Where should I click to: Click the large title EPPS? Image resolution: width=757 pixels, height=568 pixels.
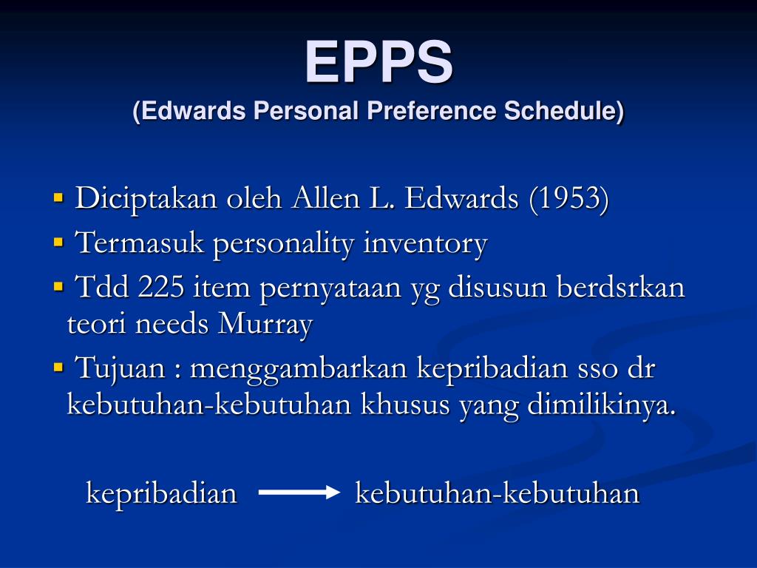coord(378,62)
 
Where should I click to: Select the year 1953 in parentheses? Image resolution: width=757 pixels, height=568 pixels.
coord(568,199)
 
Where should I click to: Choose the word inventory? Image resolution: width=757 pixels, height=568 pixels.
coord(425,243)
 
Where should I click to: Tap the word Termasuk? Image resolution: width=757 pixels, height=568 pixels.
coord(140,243)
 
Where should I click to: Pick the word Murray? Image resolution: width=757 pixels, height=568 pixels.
coord(265,325)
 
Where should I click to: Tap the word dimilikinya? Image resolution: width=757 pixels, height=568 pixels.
coord(602,406)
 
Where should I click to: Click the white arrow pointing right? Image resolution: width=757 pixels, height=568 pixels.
coord(298,493)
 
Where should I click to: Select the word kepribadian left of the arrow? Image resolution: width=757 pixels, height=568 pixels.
coord(161,494)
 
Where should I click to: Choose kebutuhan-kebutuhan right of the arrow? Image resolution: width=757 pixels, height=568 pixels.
coord(497,493)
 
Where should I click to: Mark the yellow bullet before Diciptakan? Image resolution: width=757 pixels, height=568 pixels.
coord(59,198)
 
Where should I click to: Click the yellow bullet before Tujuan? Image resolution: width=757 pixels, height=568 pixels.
coord(59,367)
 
